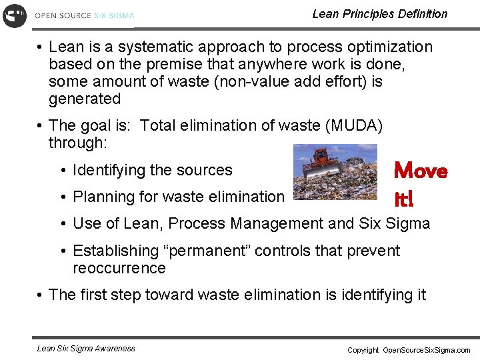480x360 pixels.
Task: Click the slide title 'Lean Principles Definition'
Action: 379,14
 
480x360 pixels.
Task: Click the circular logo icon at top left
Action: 15,15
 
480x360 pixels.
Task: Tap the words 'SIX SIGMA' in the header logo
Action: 113,15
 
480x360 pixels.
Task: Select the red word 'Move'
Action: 421,171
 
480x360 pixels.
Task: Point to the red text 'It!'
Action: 404,198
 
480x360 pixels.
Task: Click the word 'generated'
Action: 85,99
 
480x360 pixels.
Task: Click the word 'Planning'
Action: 101,197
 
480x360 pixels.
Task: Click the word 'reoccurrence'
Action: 119,269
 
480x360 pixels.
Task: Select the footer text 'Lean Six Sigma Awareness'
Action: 86,348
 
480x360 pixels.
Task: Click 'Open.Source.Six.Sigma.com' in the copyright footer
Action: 426,350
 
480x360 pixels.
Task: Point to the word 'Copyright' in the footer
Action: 363,350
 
